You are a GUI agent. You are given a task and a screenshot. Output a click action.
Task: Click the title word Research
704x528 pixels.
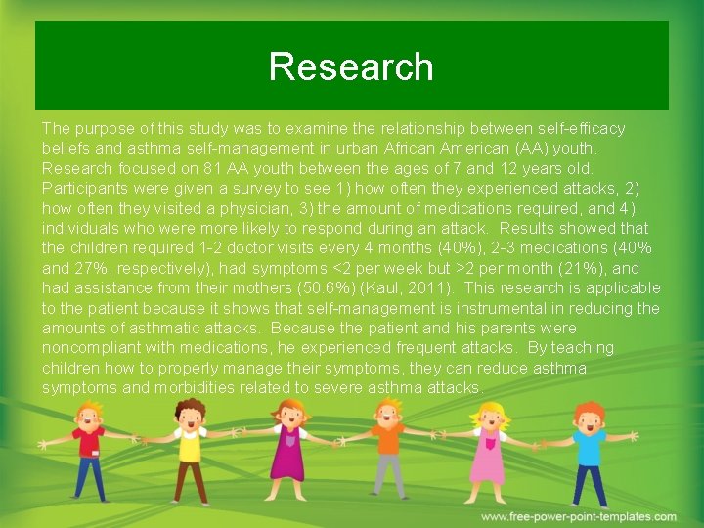point(351,66)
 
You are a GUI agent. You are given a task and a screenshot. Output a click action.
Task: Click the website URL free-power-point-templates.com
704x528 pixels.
point(579,516)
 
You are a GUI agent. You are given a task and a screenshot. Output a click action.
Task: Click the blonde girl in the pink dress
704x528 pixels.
point(487,452)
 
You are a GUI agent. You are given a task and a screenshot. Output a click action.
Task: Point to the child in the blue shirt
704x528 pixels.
point(589,452)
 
